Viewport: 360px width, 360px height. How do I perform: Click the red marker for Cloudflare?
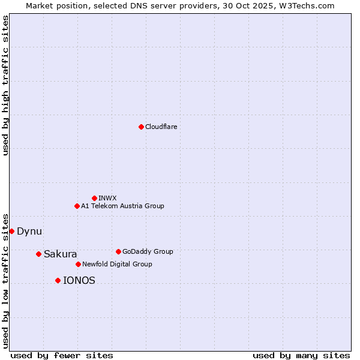(x=141, y=127)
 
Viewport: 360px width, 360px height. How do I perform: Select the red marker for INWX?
(x=94, y=198)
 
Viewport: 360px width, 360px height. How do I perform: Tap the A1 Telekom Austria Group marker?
(x=77, y=206)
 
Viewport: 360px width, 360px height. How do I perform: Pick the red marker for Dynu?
(x=11, y=231)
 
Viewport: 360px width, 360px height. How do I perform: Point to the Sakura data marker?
(x=38, y=254)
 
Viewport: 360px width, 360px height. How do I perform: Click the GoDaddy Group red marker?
(x=118, y=251)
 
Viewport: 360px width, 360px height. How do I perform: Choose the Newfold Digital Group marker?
(x=78, y=264)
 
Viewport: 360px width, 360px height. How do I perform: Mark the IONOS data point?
(x=58, y=280)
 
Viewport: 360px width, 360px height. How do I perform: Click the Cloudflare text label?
(x=161, y=127)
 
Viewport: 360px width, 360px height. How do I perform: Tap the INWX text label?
(x=107, y=198)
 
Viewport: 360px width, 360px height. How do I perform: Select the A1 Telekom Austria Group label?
(x=122, y=206)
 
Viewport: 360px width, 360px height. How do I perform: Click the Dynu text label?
(x=29, y=231)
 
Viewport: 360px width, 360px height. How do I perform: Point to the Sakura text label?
(x=60, y=254)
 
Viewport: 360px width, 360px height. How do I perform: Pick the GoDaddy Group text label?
(x=148, y=251)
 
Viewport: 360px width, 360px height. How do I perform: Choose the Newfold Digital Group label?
(x=117, y=264)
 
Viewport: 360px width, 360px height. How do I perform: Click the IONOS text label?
(x=79, y=280)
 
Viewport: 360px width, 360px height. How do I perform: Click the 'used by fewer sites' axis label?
(x=62, y=355)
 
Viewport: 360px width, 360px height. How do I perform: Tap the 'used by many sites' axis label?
(x=301, y=355)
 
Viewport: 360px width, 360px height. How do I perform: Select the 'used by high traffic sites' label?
(x=5, y=85)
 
